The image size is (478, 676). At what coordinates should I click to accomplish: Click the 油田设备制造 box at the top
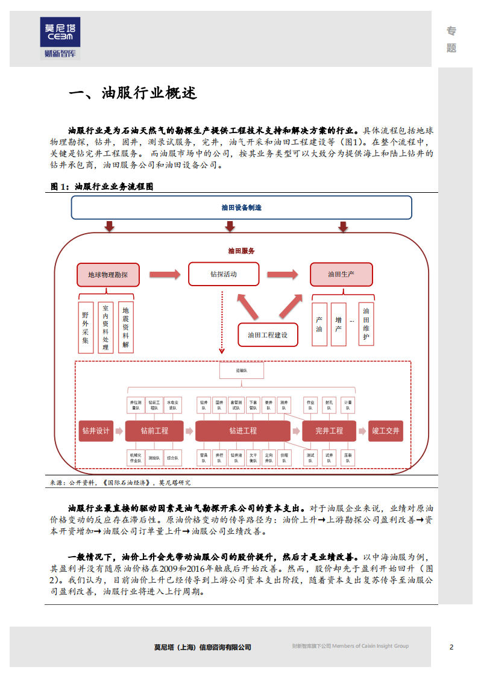pyautogui.click(x=241, y=208)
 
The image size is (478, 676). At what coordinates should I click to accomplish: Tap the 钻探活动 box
pyautogui.click(x=223, y=274)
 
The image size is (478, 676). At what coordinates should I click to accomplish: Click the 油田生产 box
pyautogui.click(x=341, y=274)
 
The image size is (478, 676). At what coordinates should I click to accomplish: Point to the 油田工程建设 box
pyautogui.click(x=268, y=335)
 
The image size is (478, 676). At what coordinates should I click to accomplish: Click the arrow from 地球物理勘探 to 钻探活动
pyautogui.click(x=164, y=275)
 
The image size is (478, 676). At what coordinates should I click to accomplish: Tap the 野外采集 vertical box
pyautogui.click(x=86, y=327)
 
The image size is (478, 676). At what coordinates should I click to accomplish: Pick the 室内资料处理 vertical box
pyautogui.click(x=105, y=327)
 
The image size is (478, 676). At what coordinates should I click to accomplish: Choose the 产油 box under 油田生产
pyautogui.click(x=319, y=324)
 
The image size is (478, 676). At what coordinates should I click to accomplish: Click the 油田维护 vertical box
pyautogui.click(x=366, y=324)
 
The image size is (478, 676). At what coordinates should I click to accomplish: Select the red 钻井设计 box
pyautogui.click(x=96, y=431)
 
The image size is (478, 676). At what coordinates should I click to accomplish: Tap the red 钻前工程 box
pyautogui.click(x=154, y=431)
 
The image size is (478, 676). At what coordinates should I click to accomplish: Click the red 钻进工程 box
pyautogui.click(x=242, y=431)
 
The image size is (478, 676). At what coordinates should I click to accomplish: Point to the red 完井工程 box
pyautogui.click(x=329, y=431)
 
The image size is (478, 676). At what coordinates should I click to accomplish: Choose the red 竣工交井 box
pyautogui.click(x=385, y=431)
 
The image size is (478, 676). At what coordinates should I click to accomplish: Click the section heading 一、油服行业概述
pyautogui.click(x=133, y=94)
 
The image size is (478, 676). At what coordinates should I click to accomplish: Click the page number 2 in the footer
pyautogui.click(x=451, y=647)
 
